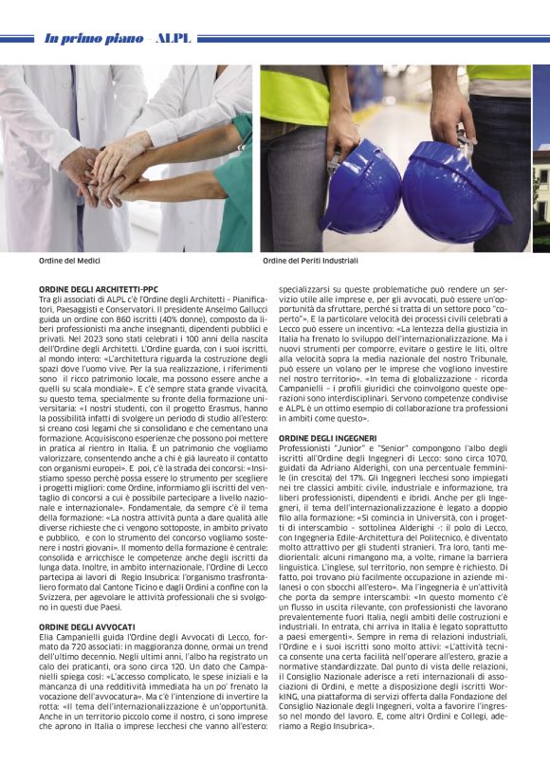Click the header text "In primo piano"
point(92,39)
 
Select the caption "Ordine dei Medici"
point(69,260)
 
